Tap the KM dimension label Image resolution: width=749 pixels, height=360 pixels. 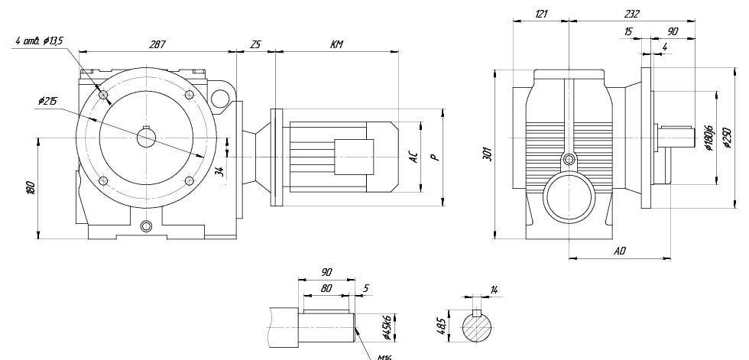pyautogui.click(x=336, y=45)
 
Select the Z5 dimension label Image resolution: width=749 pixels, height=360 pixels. pyautogui.click(x=255, y=45)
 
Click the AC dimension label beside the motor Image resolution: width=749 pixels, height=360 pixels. pyautogui.click(x=413, y=158)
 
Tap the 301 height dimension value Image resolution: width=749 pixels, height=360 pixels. pyautogui.click(x=486, y=154)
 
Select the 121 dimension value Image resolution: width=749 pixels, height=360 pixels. pyautogui.click(x=541, y=14)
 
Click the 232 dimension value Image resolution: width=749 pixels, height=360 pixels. pyautogui.click(x=631, y=14)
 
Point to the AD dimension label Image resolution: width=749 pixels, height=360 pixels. pyautogui.click(x=620, y=250)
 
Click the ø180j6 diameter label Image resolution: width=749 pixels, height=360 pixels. pyautogui.click(x=708, y=138)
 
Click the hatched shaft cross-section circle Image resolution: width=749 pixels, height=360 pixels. pyautogui.click(x=478, y=329)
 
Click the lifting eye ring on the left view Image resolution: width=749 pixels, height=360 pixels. pyautogui.click(x=221, y=98)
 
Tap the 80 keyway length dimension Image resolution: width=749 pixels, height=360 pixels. pyautogui.click(x=326, y=289)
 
